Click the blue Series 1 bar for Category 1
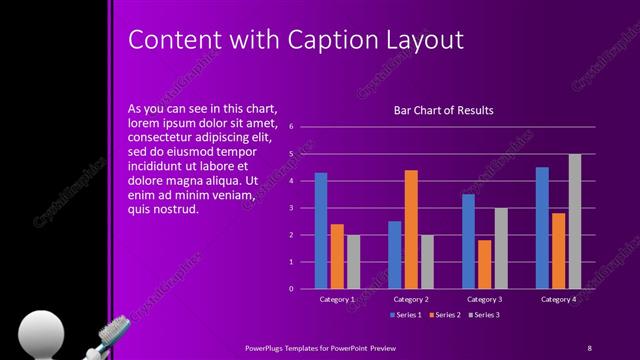[x=321, y=231]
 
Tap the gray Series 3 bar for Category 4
[x=574, y=221]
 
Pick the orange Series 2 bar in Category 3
[x=485, y=264]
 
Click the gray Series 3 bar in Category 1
[x=353, y=262]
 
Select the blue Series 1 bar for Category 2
[x=395, y=255]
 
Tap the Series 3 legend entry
[x=484, y=315]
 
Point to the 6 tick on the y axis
[x=290, y=127]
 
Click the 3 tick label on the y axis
[x=290, y=208]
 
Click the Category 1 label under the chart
[x=337, y=299]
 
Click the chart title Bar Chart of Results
[x=444, y=110]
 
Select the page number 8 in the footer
[x=589, y=347]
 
